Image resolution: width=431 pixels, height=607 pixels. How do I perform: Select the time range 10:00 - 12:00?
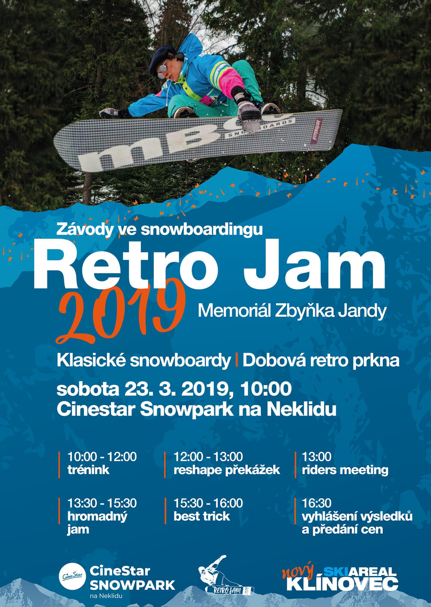pos(102,457)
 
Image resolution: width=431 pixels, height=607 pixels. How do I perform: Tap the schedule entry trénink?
pos(88,470)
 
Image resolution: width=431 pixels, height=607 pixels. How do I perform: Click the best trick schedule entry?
pos(202,517)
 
